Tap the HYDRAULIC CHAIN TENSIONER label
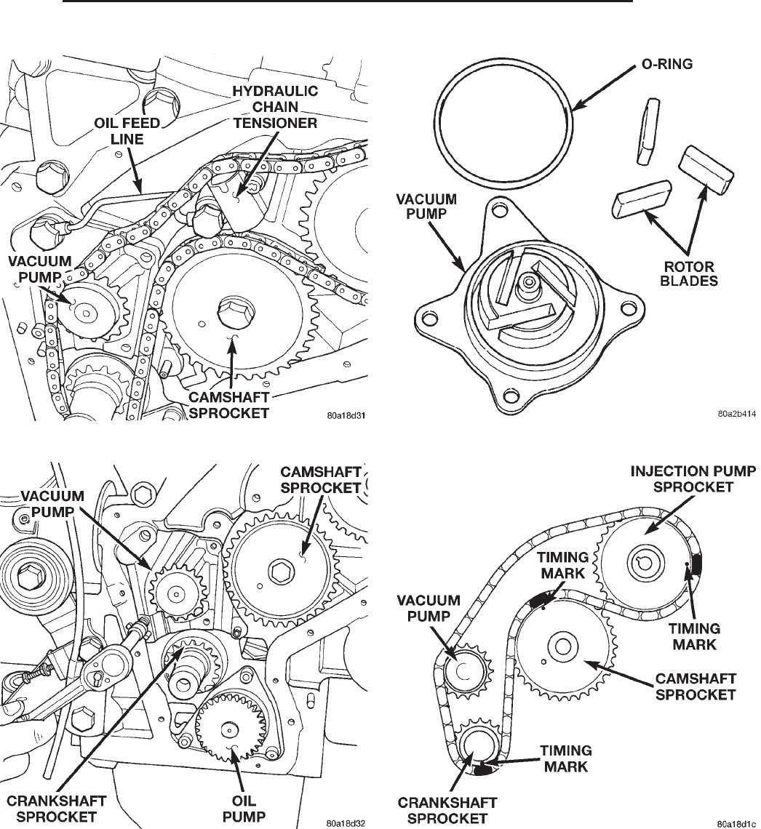click(275, 107)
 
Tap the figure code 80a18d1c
click(736, 823)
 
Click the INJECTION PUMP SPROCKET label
click(693, 478)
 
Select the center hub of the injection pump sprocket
click(642, 561)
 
